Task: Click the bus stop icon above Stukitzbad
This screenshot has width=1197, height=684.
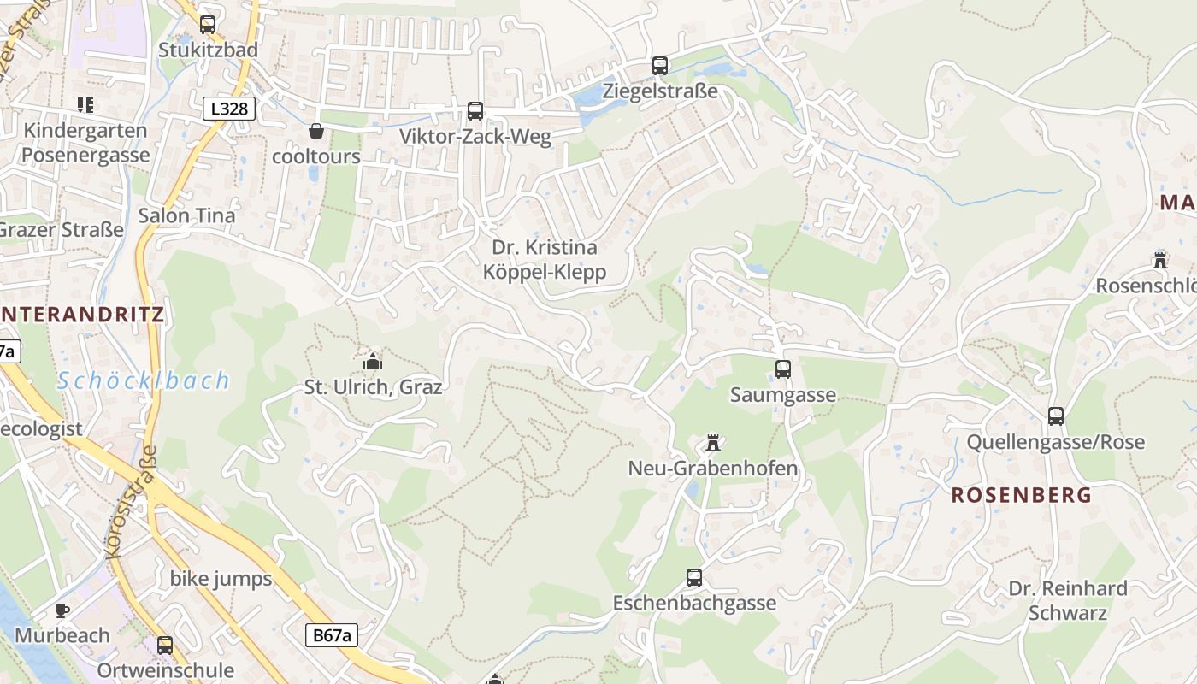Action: point(208,25)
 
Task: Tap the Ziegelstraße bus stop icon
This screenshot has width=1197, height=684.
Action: point(659,66)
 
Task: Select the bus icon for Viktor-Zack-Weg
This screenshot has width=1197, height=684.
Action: point(475,111)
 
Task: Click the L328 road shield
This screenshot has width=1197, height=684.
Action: point(229,109)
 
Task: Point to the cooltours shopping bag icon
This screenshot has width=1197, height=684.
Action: point(316,131)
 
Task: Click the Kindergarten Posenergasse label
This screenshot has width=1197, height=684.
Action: point(85,143)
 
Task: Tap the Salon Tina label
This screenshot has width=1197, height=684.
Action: point(186,215)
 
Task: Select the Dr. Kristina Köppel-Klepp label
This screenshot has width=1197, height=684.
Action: point(545,260)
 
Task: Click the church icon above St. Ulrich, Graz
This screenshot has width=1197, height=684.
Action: point(372,361)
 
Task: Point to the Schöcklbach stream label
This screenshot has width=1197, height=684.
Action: point(144,380)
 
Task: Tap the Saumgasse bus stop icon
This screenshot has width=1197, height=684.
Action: point(783,369)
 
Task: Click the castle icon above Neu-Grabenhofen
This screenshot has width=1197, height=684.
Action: point(713,443)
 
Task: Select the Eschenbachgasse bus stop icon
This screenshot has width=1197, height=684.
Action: point(694,578)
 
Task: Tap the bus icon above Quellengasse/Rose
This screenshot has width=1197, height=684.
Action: point(1056,416)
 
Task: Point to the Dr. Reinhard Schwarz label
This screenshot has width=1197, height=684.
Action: point(1067,600)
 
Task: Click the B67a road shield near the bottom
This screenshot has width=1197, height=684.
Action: point(331,635)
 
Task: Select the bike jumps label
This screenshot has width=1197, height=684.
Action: point(221,579)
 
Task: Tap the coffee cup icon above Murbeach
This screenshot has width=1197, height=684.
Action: point(62,610)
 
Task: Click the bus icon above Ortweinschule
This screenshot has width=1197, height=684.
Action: point(165,646)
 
